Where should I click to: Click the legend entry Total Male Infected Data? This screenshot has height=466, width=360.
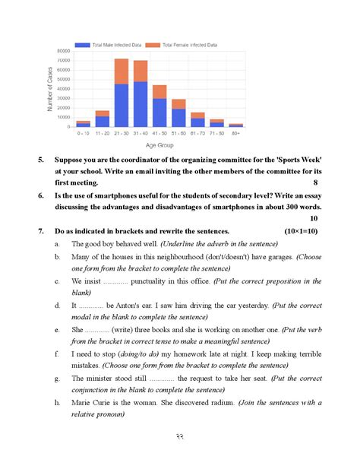click(113, 45)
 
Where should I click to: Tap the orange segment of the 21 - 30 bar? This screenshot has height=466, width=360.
click(122, 71)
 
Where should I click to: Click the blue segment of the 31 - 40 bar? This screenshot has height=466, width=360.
click(141, 103)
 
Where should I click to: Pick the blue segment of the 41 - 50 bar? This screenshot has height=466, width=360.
click(159, 112)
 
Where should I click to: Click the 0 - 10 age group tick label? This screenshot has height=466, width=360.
click(84, 132)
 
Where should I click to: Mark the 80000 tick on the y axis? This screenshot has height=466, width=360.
click(63, 51)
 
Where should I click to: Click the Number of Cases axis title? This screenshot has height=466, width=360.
click(51, 87)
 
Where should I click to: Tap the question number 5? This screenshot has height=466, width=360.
click(41, 160)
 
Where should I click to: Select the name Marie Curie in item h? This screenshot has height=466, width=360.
click(92, 402)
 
